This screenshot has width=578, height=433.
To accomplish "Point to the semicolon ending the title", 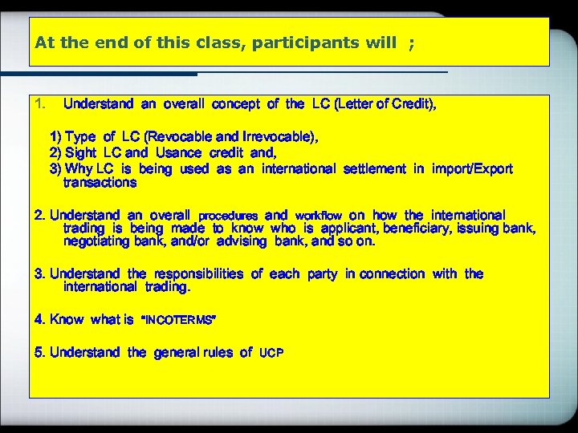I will pyautogui.click(x=412, y=42).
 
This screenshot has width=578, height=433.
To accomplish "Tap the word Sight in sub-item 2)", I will pyautogui.click(x=80, y=152).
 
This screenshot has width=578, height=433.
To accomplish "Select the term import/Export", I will pyautogui.click(x=472, y=168).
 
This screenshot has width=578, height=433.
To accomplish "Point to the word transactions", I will pyautogui.click(x=100, y=182).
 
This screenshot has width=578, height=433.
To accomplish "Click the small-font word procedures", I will pyautogui.click(x=228, y=216).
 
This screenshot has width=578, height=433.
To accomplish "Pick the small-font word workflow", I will pyautogui.click(x=319, y=216).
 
